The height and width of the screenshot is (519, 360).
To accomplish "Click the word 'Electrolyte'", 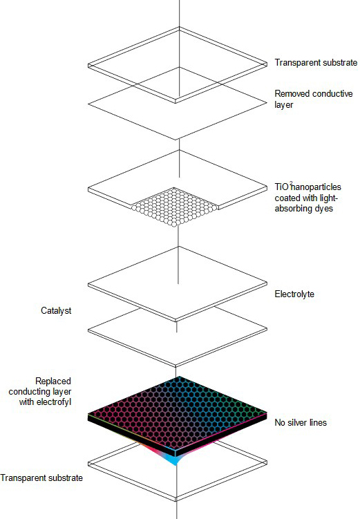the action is [x=294, y=294].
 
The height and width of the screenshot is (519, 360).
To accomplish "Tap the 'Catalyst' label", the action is [x=56, y=310].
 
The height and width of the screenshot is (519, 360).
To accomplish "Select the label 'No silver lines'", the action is [x=301, y=422].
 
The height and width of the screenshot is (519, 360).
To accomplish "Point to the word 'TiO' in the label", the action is [x=282, y=187].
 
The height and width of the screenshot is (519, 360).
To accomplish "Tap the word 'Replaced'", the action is [x=53, y=381].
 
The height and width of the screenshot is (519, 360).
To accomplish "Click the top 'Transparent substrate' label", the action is [x=316, y=63].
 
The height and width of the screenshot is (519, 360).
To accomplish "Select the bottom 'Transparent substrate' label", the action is [x=41, y=478].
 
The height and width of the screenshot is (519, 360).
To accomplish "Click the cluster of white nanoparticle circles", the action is [x=175, y=207].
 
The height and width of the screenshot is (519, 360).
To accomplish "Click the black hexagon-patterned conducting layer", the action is [x=178, y=415].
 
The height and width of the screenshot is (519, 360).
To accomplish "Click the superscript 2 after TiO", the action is [x=291, y=182].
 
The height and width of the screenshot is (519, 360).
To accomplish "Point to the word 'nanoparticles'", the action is [x=316, y=187].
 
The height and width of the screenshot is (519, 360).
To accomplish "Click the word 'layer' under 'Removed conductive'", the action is [x=284, y=104].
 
